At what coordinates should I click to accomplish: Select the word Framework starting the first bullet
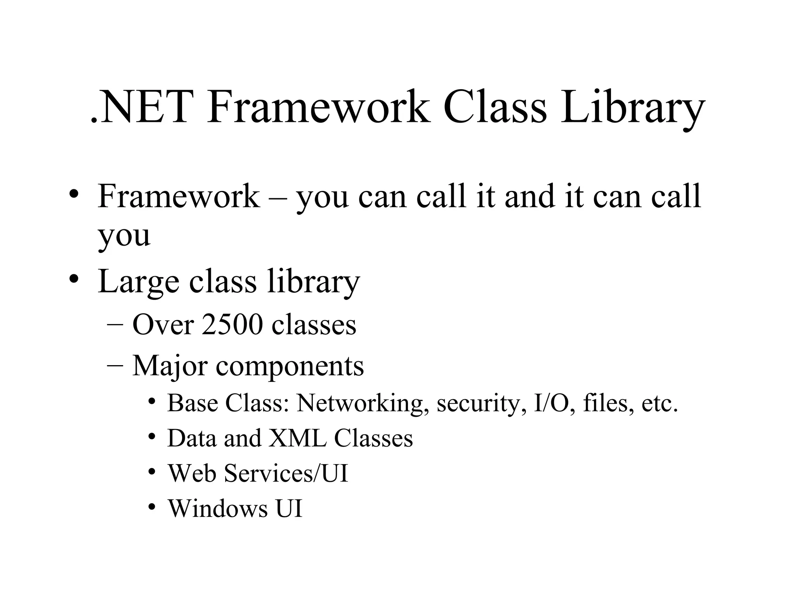(x=179, y=196)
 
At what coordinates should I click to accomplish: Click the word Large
(x=138, y=282)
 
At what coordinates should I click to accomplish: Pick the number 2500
(x=232, y=324)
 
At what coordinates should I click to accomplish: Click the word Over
(x=163, y=324)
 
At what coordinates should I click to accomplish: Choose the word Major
(x=170, y=366)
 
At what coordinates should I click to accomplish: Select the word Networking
(x=363, y=403)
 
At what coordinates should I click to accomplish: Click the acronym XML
(x=297, y=438)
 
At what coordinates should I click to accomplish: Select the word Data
(x=191, y=438)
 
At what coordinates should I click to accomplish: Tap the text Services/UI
(x=286, y=473)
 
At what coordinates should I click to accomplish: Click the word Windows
(x=218, y=508)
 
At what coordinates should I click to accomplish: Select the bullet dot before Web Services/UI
(x=152, y=472)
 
